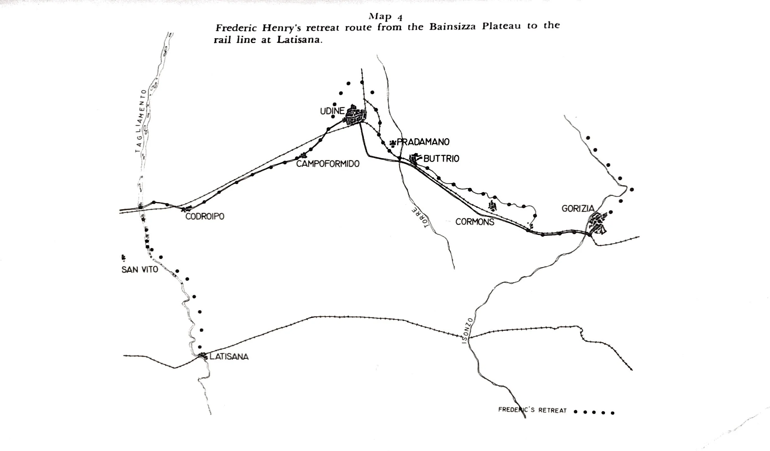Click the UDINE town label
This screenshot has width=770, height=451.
(x=332, y=111)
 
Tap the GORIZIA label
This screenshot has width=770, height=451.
(x=578, y=209)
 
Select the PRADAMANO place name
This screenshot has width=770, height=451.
(x=423, y=142)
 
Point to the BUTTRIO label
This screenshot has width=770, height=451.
(x=441, y=159)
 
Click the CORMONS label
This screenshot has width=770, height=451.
(x=474, y=222)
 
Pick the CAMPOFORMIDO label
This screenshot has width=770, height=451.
(x=328, y=164)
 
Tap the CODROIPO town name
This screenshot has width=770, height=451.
(x=205, y=216)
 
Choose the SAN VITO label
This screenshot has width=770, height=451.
(x=140, y=269)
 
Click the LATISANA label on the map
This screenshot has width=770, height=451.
(x=229, y=357)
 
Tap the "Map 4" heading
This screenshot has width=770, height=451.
(x=385, y=16)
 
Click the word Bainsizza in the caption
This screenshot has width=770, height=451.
(x=452, y=27)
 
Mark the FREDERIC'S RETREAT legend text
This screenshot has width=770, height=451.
(x=532, y=410)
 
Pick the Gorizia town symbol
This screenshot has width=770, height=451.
(x=597, y=224)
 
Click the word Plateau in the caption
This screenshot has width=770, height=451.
(x=501, y=26)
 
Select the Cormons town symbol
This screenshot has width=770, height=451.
(x=492, y=206)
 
